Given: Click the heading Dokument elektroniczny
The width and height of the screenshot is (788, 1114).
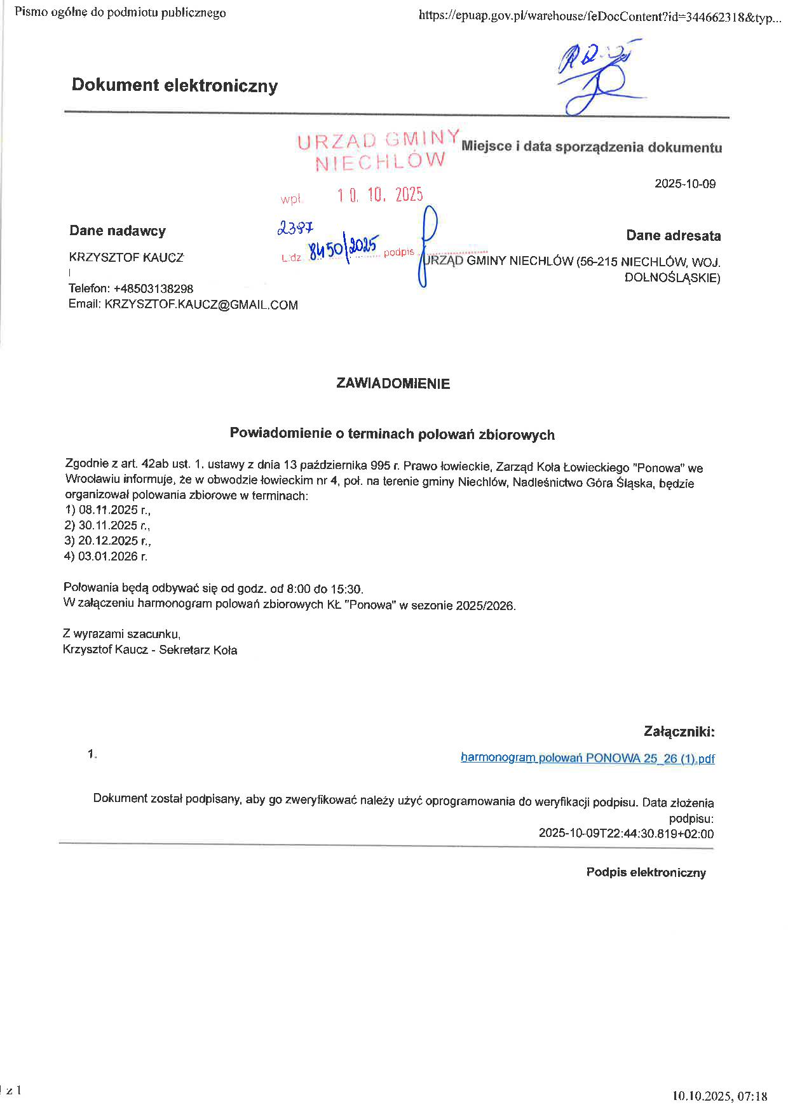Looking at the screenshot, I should [174, 85].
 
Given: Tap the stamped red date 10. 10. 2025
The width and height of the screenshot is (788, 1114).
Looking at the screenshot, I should [380, 194].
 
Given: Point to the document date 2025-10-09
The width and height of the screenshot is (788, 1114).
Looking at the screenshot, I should [685, 184].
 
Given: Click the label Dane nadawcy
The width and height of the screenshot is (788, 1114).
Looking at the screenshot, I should [118, 231].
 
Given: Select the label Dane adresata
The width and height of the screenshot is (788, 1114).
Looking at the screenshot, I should [673, 236].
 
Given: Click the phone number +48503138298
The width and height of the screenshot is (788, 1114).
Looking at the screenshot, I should [153, 289].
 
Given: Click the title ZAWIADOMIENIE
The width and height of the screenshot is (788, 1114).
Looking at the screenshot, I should [393, 384].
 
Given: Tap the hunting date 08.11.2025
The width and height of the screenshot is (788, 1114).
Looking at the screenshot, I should [108, 510].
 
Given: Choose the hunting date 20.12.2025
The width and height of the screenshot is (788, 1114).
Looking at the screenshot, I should [108, 541].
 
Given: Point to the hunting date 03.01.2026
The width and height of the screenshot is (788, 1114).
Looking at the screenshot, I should [108, 557].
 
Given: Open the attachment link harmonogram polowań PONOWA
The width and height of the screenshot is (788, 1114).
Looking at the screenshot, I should [587, 758].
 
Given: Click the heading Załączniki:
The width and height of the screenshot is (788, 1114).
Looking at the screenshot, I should [679, 731].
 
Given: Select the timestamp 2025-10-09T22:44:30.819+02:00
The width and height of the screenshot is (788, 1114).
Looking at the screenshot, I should [626, 834].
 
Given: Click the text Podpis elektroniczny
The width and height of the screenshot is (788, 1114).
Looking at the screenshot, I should [646, 873].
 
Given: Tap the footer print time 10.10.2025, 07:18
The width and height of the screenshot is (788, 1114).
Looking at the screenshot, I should [719, 1096].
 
